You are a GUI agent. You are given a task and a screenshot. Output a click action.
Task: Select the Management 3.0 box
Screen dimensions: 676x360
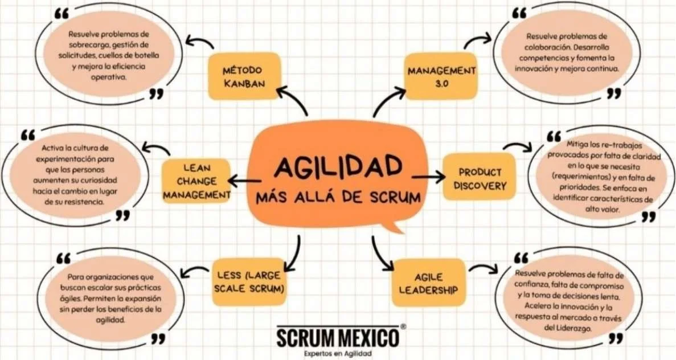point(441,76)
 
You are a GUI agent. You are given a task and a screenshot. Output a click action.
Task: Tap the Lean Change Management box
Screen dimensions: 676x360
point(196,181)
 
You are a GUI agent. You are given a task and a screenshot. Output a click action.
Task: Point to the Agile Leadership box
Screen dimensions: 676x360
point(429,283)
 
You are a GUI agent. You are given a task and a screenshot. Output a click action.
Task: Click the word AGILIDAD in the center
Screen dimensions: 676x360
point(338,166)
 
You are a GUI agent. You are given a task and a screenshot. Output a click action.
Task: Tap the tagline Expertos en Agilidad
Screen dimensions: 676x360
point(338,354)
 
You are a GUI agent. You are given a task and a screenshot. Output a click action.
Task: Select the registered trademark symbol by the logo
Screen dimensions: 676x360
point(403,327)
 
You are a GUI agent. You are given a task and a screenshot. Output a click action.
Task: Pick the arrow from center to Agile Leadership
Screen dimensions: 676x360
point(382,254)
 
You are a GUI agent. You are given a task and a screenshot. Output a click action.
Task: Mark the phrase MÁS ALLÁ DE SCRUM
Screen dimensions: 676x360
point(338,198)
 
